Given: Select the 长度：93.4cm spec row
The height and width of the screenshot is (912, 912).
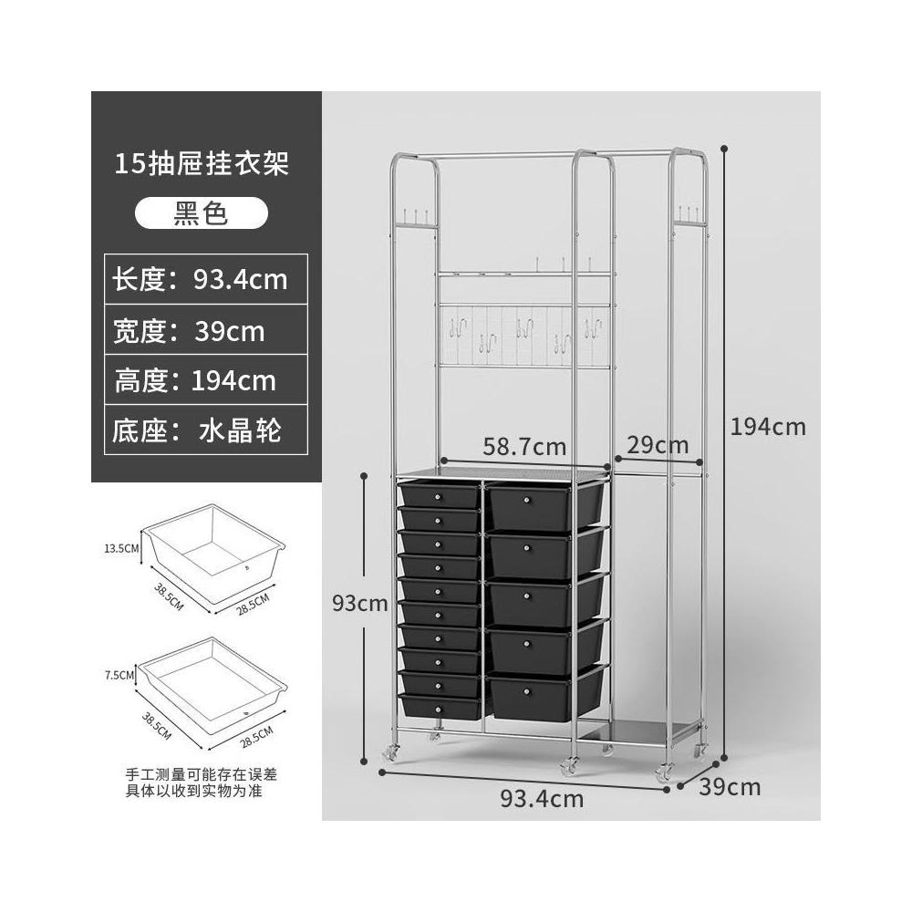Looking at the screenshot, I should coord(200,279).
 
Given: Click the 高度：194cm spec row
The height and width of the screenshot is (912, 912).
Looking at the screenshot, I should coord(194,379).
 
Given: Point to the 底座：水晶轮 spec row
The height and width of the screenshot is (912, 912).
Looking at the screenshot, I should coord(196,430).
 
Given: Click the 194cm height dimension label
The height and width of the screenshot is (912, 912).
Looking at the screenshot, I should coord(768,426).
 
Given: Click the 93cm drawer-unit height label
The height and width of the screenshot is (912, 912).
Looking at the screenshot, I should coord(360,603).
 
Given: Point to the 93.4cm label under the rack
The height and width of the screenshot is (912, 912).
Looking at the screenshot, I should coord(542,799).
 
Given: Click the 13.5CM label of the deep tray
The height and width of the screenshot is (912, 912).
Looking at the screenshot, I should coord(120,548).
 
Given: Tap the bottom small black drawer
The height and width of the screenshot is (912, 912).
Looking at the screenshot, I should coord(439,708).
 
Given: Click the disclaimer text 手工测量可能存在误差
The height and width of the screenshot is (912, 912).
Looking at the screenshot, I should coord(201,773).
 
